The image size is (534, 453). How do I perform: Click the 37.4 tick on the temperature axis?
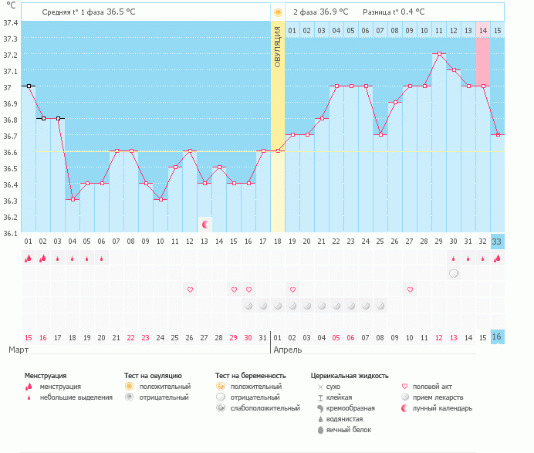11,22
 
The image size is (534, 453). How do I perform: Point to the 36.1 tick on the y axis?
11,232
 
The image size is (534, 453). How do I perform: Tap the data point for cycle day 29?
439,54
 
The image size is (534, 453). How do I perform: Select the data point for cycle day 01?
28,86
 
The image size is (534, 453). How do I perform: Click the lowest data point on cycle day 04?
73,199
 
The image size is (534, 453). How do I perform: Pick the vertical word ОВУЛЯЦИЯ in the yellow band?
278,46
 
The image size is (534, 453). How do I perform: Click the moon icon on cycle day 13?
204,225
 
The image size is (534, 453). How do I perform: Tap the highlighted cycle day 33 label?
497,241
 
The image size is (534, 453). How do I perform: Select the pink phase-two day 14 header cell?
483,30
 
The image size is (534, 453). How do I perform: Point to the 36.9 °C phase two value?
333,12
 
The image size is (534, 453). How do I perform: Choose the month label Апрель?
288,350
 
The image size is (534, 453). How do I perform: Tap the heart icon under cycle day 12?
190,289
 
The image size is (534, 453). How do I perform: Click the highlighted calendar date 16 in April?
497,336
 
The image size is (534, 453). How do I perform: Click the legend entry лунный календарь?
441,408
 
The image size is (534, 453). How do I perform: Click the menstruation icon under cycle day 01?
28,259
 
